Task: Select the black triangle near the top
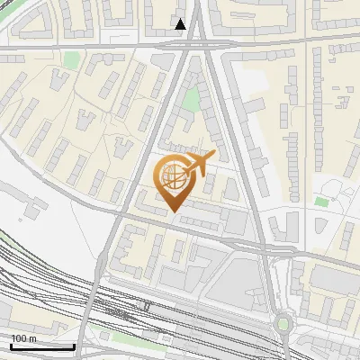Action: (x=181, y=24)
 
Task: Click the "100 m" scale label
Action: (x=23, y=338)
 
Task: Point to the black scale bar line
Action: (x=41, y=346)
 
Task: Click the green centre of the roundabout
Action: (x=285, y=322)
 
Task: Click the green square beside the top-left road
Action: (x=71, y=60)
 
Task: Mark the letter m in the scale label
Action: (x=32, y=338)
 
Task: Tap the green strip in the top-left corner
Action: (x=7, y=4)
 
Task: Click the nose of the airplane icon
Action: (x=214, y=155)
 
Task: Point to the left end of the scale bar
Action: (x=11, y=346)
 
